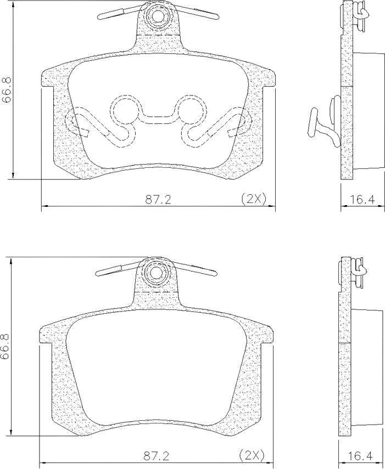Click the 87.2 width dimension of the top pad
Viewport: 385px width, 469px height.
(158, 200)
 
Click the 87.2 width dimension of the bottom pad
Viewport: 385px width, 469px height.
(157, 456)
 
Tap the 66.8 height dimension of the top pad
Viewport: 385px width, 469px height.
(7, 90)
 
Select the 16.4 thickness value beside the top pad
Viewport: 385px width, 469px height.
(362, 200)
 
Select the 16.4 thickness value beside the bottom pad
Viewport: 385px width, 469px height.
(360, 456)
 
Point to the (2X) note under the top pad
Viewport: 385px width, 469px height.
(254, 199)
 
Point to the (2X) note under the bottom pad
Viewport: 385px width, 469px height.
(252, 456)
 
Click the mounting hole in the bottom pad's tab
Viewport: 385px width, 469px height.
(155, 273)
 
